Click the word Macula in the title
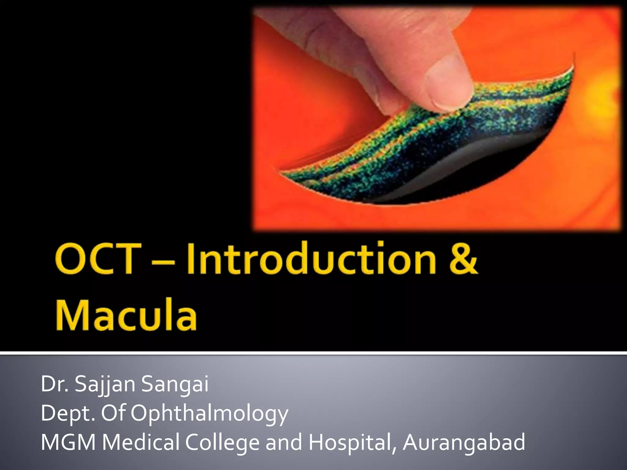coord(126,315)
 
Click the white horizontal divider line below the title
coord(313,354)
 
